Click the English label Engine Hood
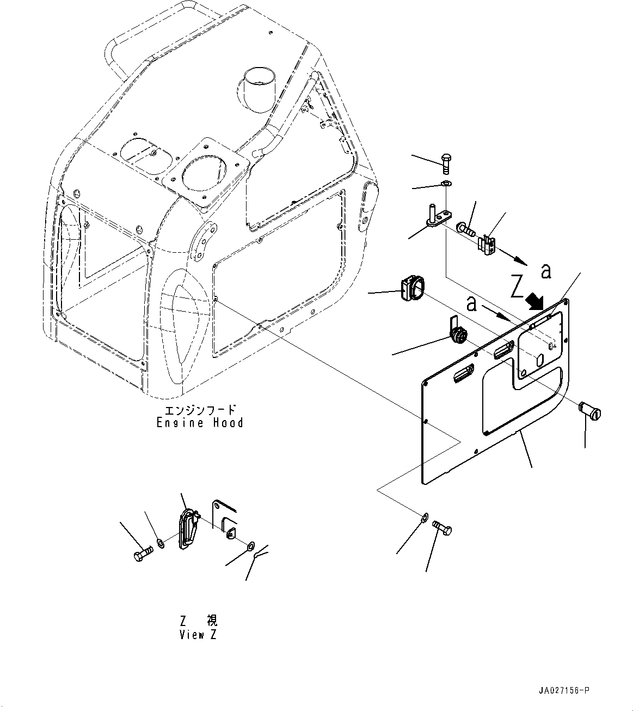(x=200, y=423)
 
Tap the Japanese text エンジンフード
(x=200, y=410)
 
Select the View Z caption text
(x=198, y=635)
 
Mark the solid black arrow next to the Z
(x=536, y=300)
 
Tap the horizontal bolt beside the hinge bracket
(x=466, y=226)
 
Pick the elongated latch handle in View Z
(x=186, y=527)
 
